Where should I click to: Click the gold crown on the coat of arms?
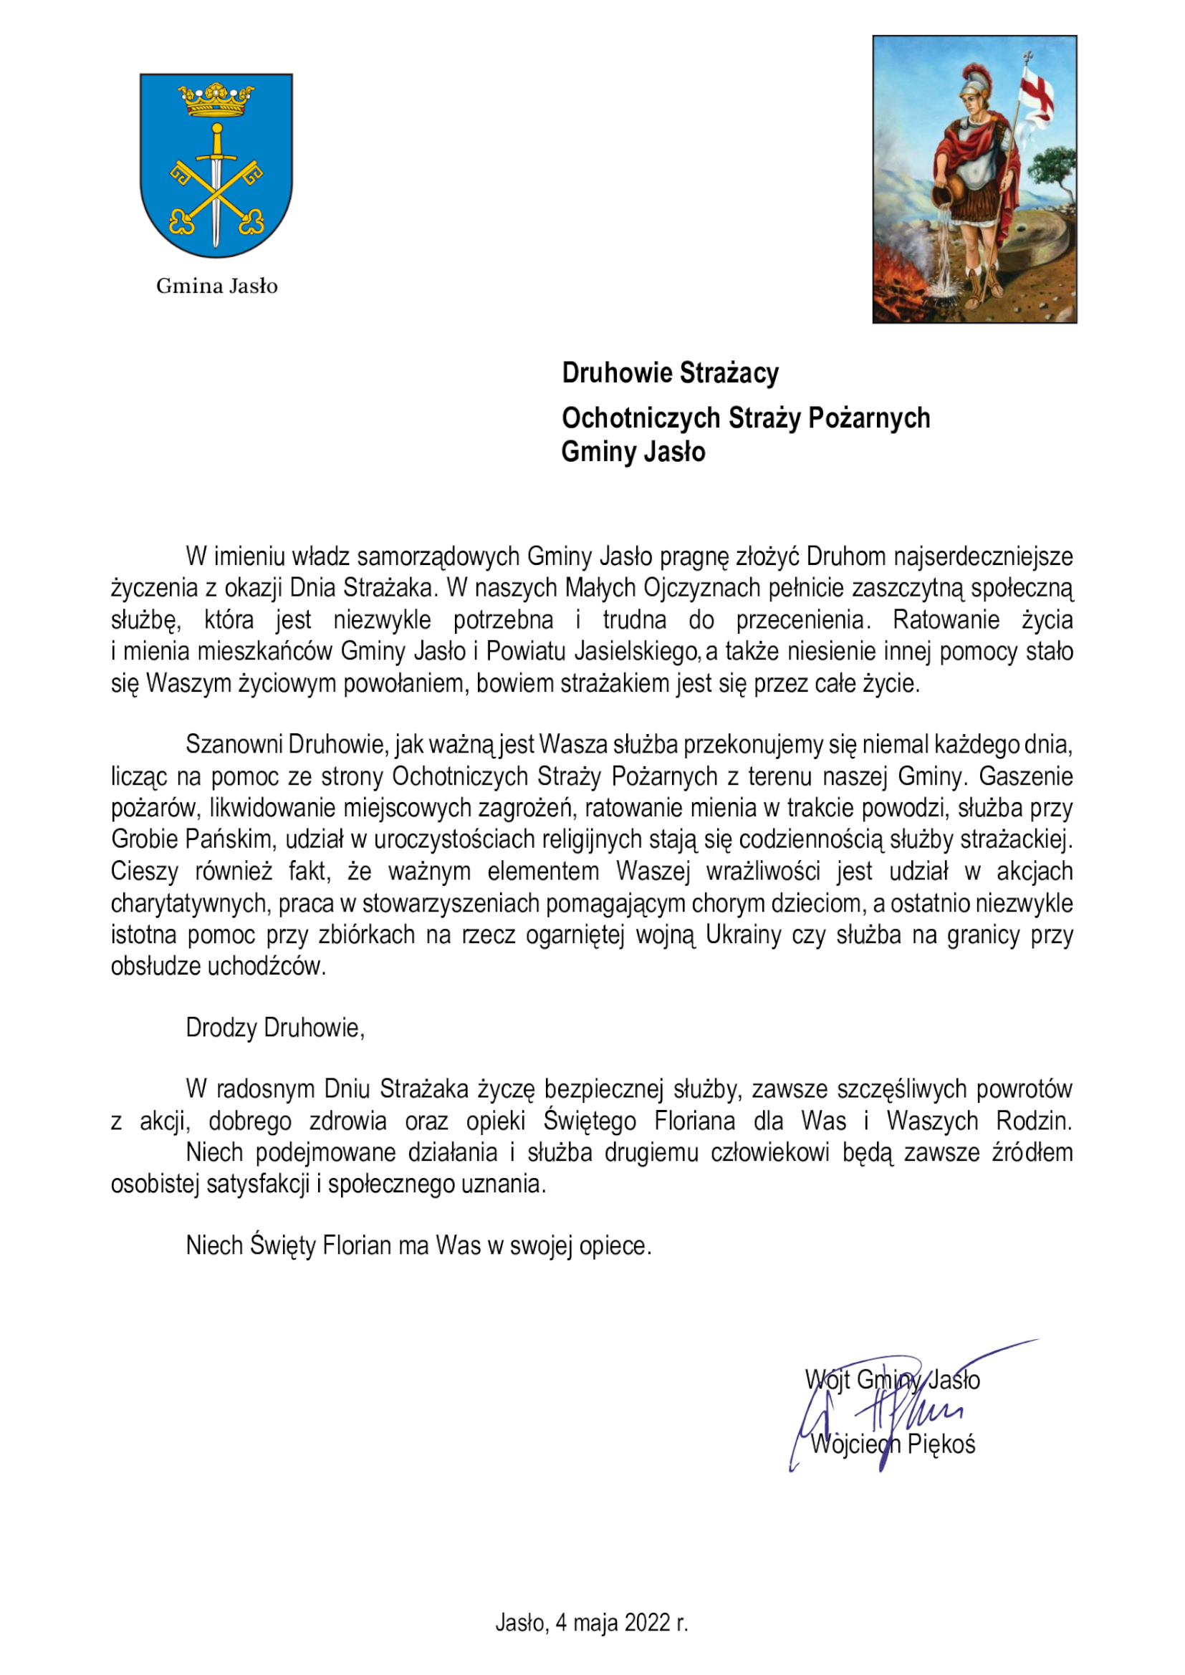[x=216, y=101]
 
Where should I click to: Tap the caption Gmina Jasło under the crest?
[x=216, y=286]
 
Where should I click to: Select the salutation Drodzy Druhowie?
[x=274, y=1028]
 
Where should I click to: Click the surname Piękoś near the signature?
[x=941, y=1444]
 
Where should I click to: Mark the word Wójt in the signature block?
[x=827, y=1379]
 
